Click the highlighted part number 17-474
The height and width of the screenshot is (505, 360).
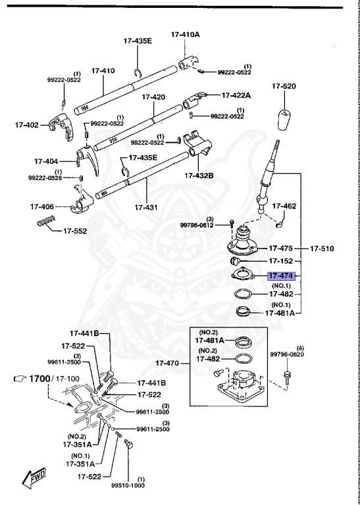pos(282,277)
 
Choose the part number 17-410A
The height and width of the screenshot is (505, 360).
pos(186,34)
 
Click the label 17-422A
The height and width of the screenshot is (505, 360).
pos(236,95)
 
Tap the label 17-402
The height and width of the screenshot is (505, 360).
pos(28,124)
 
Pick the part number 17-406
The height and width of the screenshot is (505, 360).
pos(43,206)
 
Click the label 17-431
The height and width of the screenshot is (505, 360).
pos(147,207)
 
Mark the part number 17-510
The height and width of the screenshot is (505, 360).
pos(322,249)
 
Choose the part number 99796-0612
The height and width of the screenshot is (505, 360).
pos(197,225)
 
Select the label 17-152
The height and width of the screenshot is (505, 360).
pos(282,261)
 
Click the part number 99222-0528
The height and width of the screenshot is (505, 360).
pos(45,178)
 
